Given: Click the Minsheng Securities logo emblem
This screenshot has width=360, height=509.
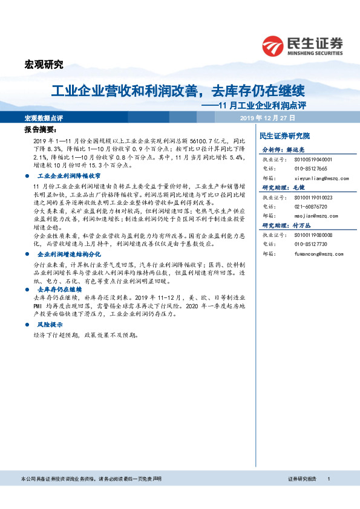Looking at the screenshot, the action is click(x=273, y=45).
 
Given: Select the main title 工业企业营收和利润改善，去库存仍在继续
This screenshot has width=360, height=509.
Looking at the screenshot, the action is click(x=177, y=91).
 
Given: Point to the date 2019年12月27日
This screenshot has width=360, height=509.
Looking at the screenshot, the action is click(x=267, y=118).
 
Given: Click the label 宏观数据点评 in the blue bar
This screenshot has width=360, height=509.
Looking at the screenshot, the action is click(x=44, y=118).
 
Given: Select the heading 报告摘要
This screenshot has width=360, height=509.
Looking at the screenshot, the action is click(x=40, y=130).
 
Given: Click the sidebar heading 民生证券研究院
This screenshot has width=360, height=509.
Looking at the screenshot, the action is click(x=284, y=136).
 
